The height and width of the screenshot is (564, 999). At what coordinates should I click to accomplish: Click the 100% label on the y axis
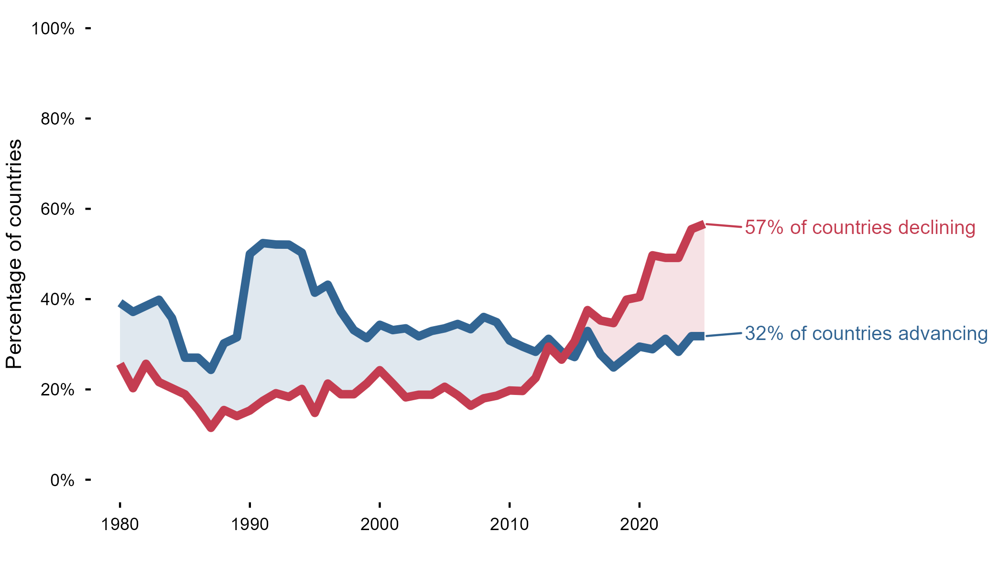(53, 29)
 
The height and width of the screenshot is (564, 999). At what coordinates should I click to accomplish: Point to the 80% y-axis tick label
(57, 119)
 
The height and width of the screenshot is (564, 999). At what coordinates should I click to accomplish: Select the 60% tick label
(57, 209)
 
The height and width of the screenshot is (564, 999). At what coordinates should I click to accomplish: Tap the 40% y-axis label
(57, 299)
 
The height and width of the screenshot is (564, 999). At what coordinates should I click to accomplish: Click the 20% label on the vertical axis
(57, 390)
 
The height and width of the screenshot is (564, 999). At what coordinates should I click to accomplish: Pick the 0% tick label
(62, 480)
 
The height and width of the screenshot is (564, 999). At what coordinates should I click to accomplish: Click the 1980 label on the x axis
(120, 524)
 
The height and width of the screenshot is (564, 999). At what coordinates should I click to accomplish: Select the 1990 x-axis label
(250, 524)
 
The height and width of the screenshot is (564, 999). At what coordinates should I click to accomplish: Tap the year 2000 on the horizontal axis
(380, 524)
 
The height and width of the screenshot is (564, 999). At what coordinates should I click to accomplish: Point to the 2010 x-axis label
(510, 524)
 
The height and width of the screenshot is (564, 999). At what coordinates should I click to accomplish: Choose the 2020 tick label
(640, 524)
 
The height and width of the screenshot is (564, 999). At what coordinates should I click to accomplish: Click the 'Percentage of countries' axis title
(14, 254)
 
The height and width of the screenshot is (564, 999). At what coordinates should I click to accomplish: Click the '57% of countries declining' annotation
(860, 227)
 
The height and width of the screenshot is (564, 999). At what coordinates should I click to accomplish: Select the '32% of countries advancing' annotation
(866, 333)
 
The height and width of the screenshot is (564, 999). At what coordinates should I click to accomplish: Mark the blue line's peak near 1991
(263, 243)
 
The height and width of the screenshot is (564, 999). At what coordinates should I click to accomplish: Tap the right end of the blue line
(704, 336)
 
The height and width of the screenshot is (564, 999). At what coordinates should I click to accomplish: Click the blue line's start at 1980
(120, 304)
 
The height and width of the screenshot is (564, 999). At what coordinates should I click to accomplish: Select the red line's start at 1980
(120, 365)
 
